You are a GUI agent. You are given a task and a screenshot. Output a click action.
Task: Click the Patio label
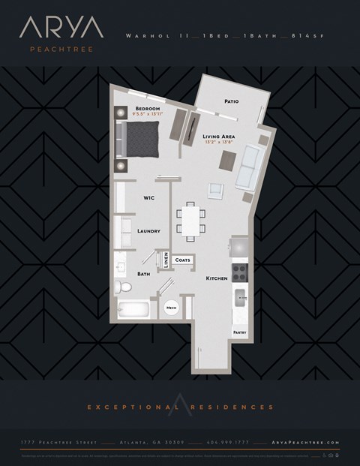click(x=232, y=101)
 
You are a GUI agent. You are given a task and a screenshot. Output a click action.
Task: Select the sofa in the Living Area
click(x=247, y=167)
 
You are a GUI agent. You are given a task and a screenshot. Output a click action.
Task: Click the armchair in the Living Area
click(x=216, y=191)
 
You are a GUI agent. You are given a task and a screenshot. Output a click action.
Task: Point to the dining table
click(x=190, y=220)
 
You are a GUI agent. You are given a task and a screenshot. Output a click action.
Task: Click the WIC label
click(x=149, y=198)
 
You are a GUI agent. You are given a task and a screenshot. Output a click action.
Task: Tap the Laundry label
click(x=148, y=231)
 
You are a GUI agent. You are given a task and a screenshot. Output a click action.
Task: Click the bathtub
click(x=133, y=309)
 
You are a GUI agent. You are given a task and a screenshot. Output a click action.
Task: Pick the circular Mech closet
click(x=171, y=308)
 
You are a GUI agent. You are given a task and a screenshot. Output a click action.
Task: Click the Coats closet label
click(x=183, y=260)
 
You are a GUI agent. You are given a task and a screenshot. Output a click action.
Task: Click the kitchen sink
click(x=240, y=296)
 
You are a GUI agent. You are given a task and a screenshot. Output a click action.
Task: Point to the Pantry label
click(x=239, y=331)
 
